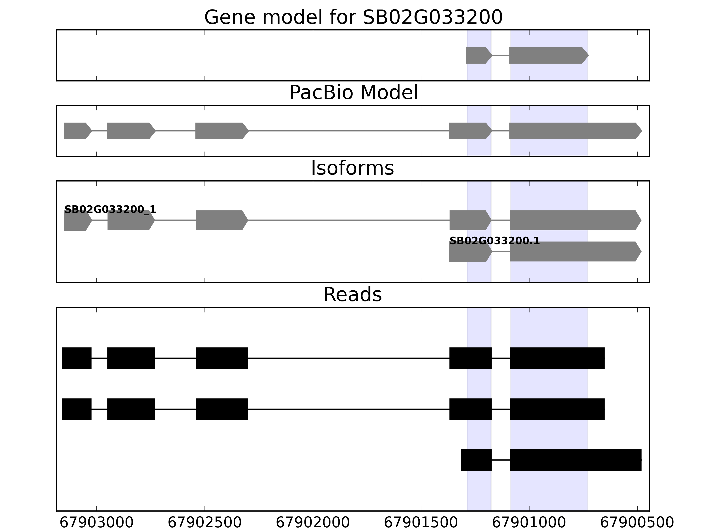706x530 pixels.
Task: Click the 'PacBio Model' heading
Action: pos(353,93)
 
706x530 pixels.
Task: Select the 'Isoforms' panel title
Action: pos(352,168)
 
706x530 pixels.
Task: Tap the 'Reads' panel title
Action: pos(352,295)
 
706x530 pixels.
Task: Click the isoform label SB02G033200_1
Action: pos(110,210)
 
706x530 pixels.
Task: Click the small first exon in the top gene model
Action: pos(478,55)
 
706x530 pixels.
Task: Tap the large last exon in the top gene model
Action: pos(548,55)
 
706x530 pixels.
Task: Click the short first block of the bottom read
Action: pos(476,460)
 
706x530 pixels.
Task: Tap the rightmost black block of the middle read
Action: pos(557,409)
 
